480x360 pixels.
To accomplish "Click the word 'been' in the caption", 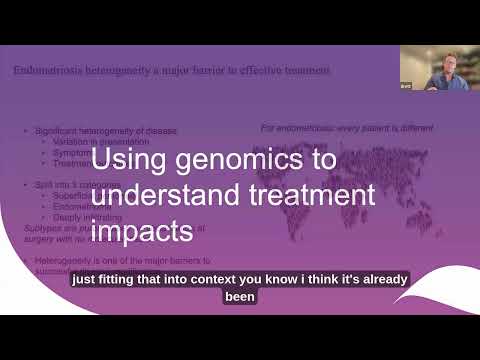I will point(240,297).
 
